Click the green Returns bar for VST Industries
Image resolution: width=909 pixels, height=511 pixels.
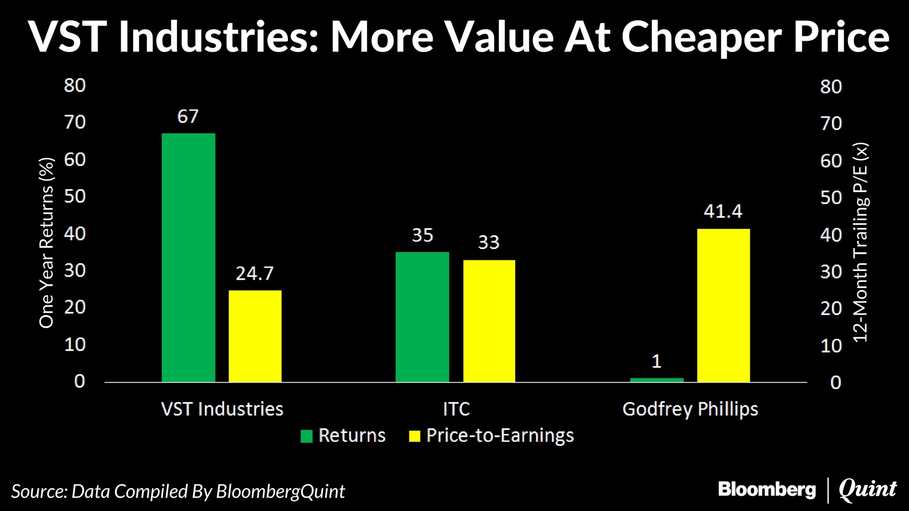pos(188,257)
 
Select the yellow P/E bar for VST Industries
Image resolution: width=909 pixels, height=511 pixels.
pos(255,336)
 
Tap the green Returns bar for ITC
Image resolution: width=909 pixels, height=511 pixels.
pos(422,317)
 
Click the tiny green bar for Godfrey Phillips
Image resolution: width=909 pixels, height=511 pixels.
pos(657,379)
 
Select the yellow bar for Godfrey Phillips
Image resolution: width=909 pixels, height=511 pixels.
pos(723,305)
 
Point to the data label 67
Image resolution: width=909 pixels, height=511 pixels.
pos(188,116)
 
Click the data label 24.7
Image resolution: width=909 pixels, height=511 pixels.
pos(255,273)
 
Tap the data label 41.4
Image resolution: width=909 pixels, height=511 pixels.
pos(723,211)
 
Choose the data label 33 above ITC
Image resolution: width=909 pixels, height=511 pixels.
pos(489,243)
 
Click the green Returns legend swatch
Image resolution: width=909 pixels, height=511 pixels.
pos(307,436)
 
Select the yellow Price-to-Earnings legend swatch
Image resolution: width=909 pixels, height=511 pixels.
pos(415,436)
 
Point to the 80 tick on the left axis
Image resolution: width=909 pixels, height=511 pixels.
pos(75,86)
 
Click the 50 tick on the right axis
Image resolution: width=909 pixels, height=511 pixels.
pos(831,198)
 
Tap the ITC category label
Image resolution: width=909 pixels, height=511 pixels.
pos(456,409)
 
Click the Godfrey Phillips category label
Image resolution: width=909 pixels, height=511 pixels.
pos(690,409)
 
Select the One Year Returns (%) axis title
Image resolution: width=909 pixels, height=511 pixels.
pos(47,243)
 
